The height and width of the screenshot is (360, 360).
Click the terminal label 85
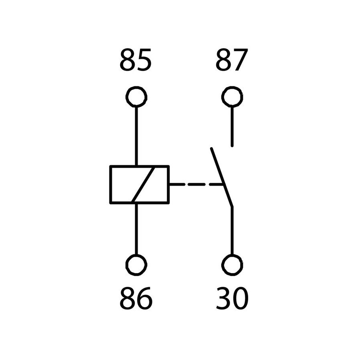[x=136, y=60]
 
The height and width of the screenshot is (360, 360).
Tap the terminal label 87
[x=232, y=60]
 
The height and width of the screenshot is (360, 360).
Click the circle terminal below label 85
[x=136, y=88]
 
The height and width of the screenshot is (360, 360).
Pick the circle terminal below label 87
[x=232, y=88]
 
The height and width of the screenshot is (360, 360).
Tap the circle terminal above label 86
[x=136, y=256]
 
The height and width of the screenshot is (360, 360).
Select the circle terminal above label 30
[x=232, y=256]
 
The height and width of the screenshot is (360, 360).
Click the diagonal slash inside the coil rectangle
[x=143, y=184]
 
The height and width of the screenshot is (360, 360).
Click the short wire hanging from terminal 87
[x=232, y=126]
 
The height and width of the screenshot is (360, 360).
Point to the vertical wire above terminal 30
[x=232, y=231]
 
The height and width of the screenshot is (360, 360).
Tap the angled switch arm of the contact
[x=222, y=178]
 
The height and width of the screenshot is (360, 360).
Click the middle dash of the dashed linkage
[x=196, y=184]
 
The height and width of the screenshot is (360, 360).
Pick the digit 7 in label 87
[x=241, y=60]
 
